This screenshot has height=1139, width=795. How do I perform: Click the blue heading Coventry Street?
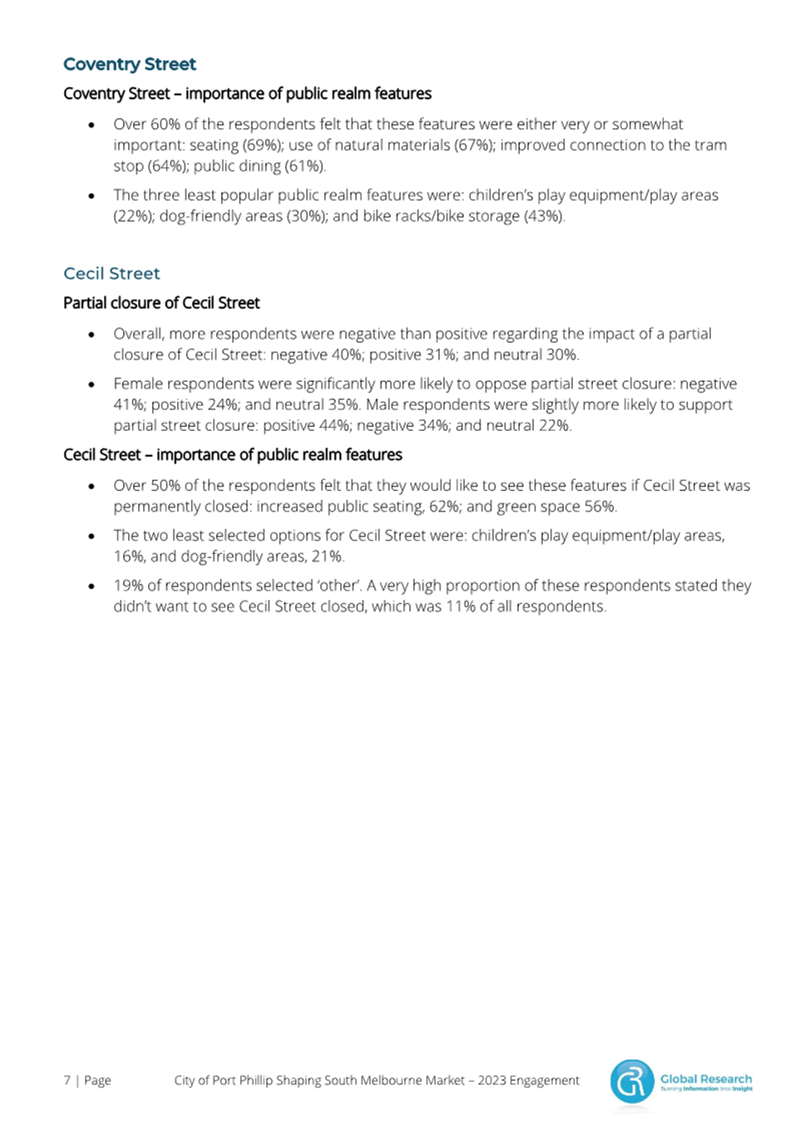click(x=130, y=64)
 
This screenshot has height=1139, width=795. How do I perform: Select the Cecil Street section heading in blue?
click(x=111, y=274)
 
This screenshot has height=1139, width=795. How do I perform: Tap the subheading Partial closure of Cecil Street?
click(x=161, y=303)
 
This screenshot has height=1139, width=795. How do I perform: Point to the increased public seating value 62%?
click(x=444, y=506)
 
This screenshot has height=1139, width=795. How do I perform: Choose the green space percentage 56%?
click(x=600, y=506)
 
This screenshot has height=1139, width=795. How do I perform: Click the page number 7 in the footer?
click(x=67, y=1080)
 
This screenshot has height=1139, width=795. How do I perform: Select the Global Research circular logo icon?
click(x=632, y=1082)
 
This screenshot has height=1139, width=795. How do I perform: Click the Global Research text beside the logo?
click(x=706, y=1078)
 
